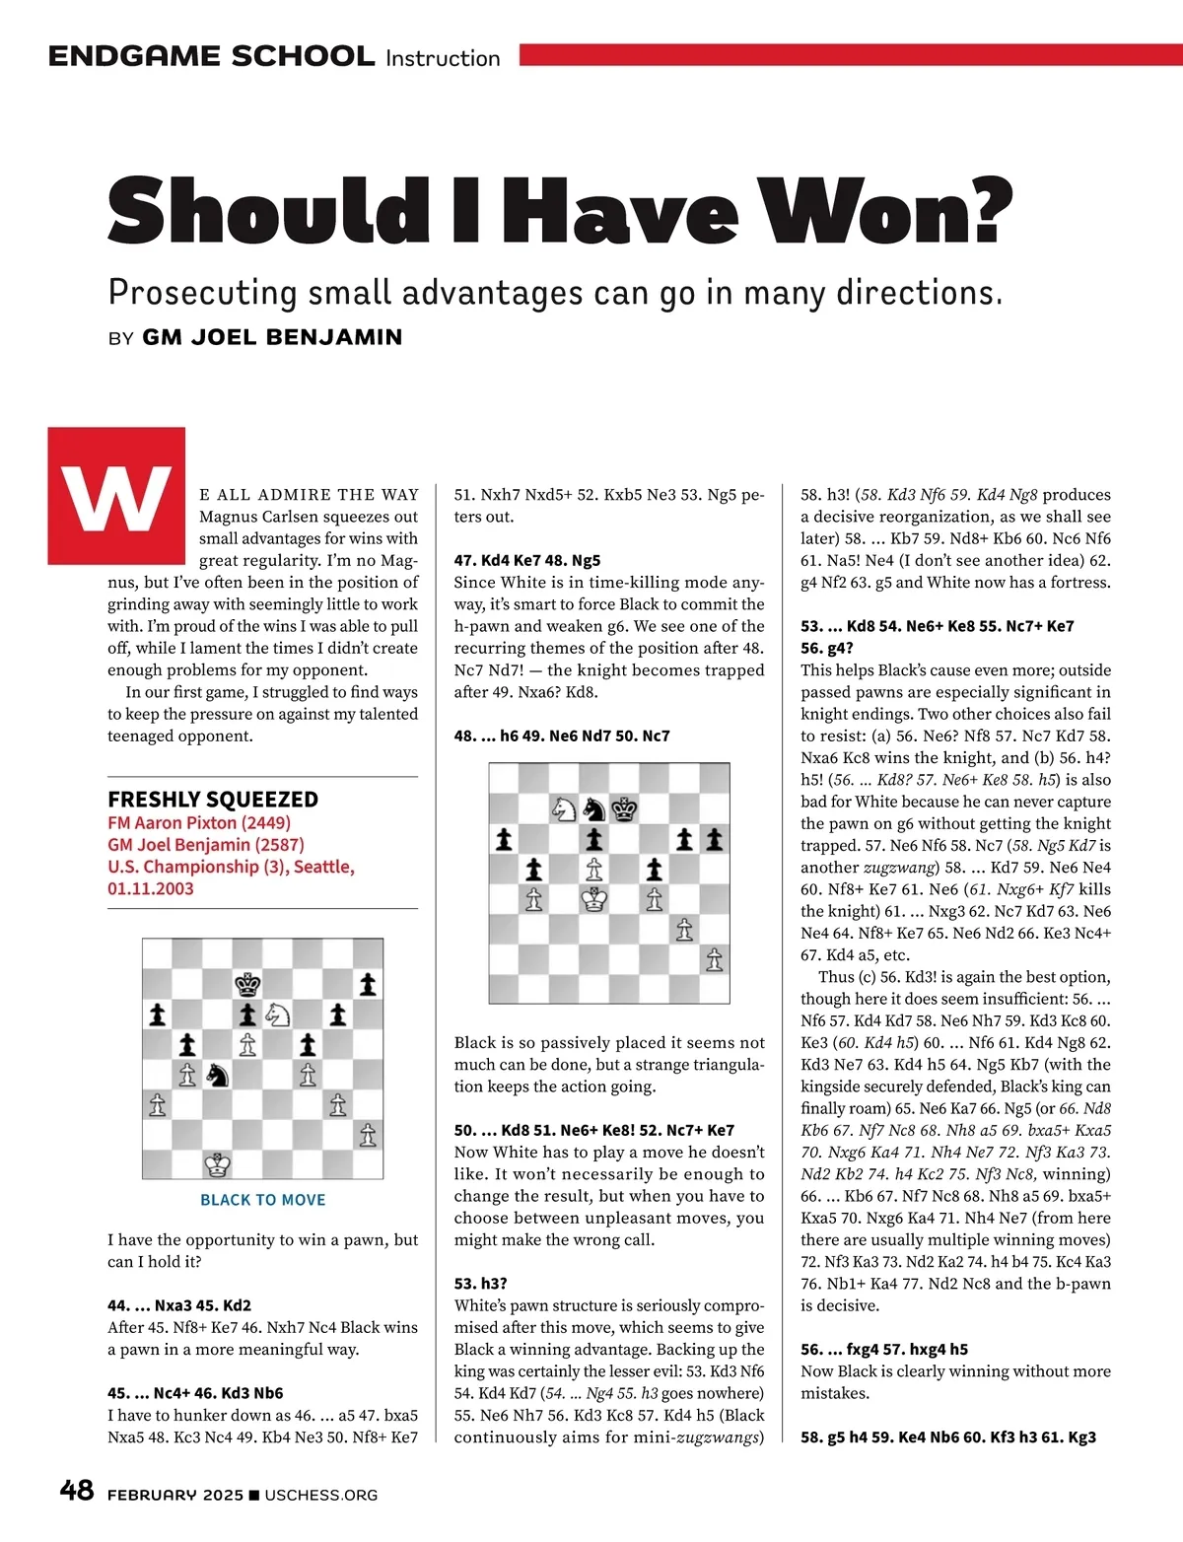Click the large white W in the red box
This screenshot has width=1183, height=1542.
click(x=116, y=496)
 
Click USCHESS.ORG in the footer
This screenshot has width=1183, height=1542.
click(x=320, y=1495)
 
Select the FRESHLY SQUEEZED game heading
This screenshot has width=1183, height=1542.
click(x=213, y=799)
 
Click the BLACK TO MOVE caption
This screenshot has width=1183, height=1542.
click(x=262, y=1200)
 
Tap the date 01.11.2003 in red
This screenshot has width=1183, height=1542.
click(x=151, y=888)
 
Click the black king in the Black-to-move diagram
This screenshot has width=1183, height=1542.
click(x=247, y=984)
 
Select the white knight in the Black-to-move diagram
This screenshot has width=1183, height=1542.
click(x=278, y=1014)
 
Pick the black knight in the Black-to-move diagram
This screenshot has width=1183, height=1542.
click(x=218, y=1075)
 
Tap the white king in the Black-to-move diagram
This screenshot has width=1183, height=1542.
click(x=218, y=1164)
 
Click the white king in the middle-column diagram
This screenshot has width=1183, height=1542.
click(x=593, y=898)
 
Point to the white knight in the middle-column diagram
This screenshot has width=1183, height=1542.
click(x=564, y=808)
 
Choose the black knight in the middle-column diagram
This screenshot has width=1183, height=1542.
click(x=593, y=808)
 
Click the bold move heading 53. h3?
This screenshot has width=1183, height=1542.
click(x=480, y=1283)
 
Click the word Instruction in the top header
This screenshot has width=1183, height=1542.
click(x=443, y=58)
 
